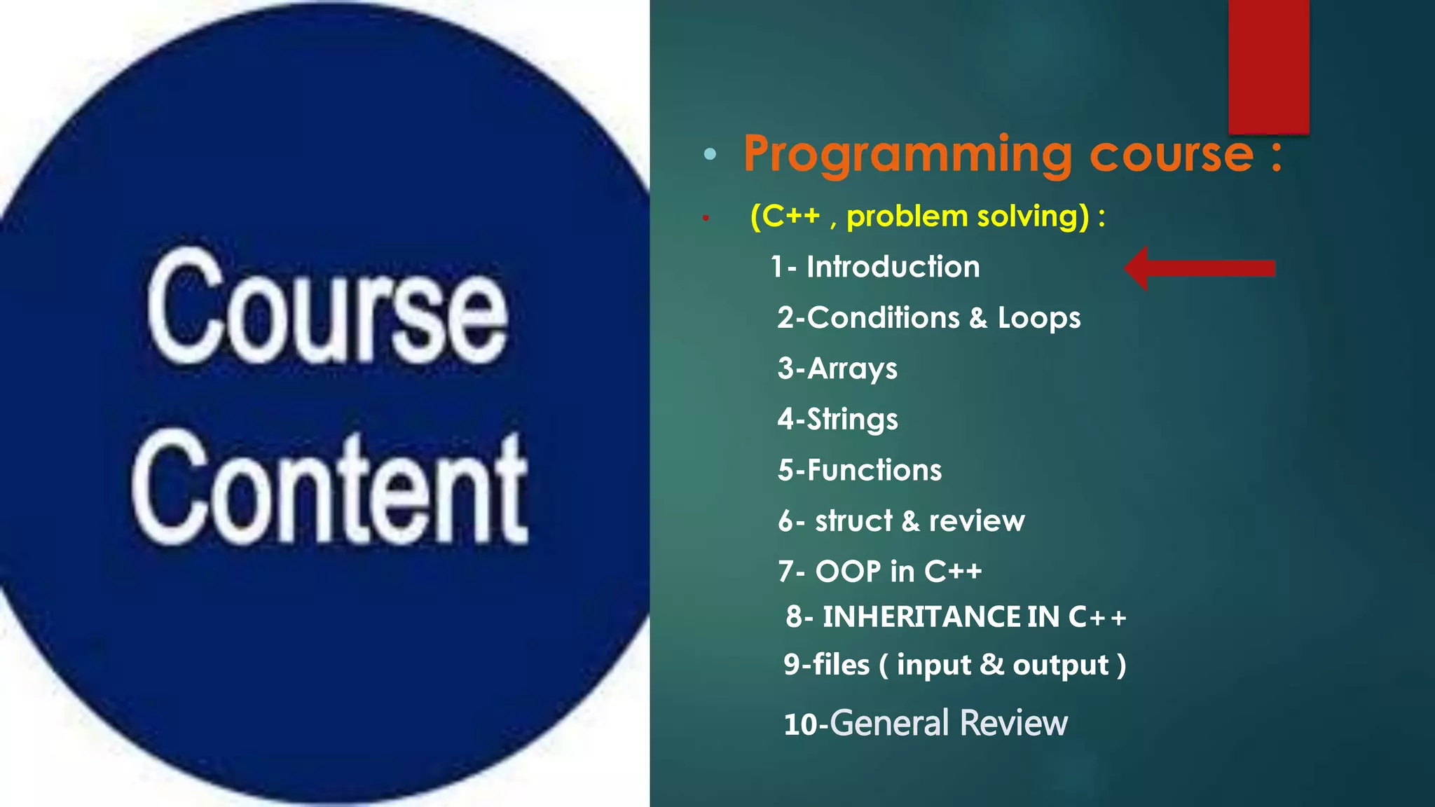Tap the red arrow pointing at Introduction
click(x=1200, y=268)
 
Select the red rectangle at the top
click(x=1268, y=67)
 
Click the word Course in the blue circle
click(x=327, y=308)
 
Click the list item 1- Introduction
click(x=875, y=267)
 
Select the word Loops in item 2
click(x=1038, y=318)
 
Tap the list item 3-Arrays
click(x=837, y=368)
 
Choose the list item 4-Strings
click(x=837, y=420)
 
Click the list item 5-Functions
click(x=860, y=470)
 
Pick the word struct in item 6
click(x=853, y=521)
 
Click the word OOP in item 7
click(x=848, y=572)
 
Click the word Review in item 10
click(x=1014, y=723)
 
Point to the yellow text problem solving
click(x=967, y=216)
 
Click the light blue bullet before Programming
click(x=710, y=154)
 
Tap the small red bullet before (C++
click(x=706, y=219)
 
